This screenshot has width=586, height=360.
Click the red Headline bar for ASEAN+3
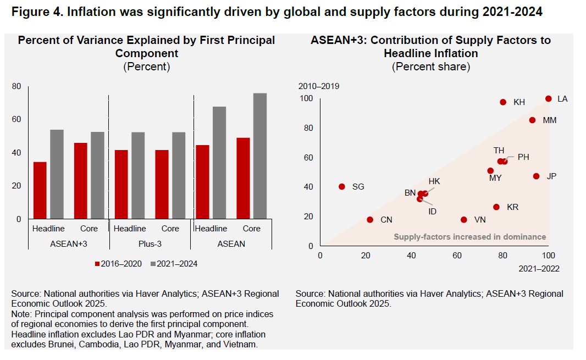click(x=40, y=190)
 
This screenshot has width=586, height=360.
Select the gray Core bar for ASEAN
click(x=260, y=156)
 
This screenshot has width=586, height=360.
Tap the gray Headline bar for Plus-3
click(x=137, y=175)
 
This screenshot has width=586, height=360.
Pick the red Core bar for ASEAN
click(x=242, y=178)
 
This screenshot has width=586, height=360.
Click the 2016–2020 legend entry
click(x=119, y=264)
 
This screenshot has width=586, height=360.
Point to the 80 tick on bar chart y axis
click(x=16, y=86)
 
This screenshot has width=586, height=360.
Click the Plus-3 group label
click(x=150, y=243)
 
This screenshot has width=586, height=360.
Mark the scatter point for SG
click(x=342, y=187)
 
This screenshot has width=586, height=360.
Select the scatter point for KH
click(x=503, y=102)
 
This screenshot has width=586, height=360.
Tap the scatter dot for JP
click(x=536, y=176)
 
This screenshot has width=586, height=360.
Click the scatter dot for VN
click(x=463, y=220)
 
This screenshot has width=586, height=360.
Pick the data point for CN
click(x=370, y=220)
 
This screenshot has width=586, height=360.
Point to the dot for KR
click(x=496, y=207)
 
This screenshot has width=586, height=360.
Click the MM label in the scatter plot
click(x=550, y=120)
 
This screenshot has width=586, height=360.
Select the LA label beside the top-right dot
click(x=562, y=99)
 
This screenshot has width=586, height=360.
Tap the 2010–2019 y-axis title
click(x=318, y=86)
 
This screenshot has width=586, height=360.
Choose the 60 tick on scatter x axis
click(x=457, y=256)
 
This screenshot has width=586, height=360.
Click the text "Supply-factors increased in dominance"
click(x=469, y=237)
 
